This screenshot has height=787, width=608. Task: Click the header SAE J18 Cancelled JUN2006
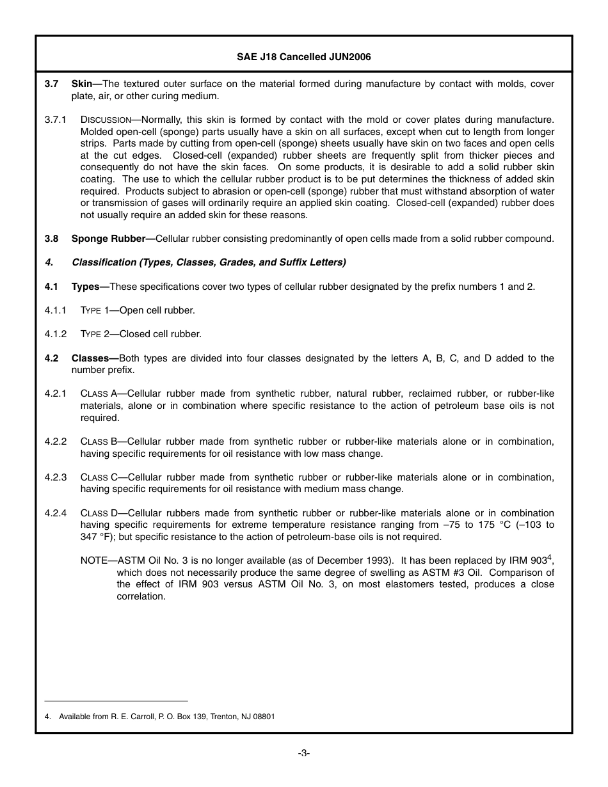[x=303, y=57]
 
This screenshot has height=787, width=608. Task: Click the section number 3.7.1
[x=56, y=120]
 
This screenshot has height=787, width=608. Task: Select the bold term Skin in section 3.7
[x=82, y=84]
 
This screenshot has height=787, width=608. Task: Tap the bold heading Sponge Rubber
[x=111, y=239]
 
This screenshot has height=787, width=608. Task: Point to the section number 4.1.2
[x=56, y=334]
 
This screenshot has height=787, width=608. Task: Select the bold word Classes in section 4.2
[x=92, y=358]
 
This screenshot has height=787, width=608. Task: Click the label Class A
[x=98, y=394]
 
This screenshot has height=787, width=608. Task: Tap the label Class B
[x=98, y=441]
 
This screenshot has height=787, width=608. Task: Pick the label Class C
[x=98, y=477]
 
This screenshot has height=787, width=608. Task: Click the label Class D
[x=98, y=513]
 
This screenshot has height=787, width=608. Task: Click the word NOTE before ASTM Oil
[x=93, y=560]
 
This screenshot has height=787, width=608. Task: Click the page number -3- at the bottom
[x=303, y=753]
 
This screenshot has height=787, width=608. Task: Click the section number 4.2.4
[x=56, y=513]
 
